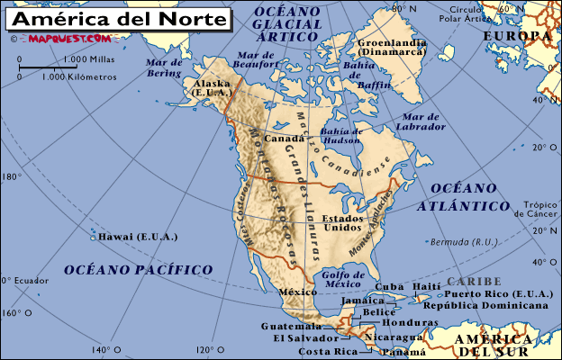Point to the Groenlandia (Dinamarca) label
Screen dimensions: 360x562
click(392, 49)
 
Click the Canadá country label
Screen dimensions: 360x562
click(284, 139)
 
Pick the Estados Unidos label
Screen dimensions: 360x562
click(343, 223)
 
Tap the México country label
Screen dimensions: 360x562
click(297, 292)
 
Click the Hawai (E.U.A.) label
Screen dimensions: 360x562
click(139, 237)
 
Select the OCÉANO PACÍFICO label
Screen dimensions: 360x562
click(138, 269)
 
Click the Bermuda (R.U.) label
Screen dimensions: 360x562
click(464, 242)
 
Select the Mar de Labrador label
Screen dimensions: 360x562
click(424, 121)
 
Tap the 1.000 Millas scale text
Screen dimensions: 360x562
click(88, 59)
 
